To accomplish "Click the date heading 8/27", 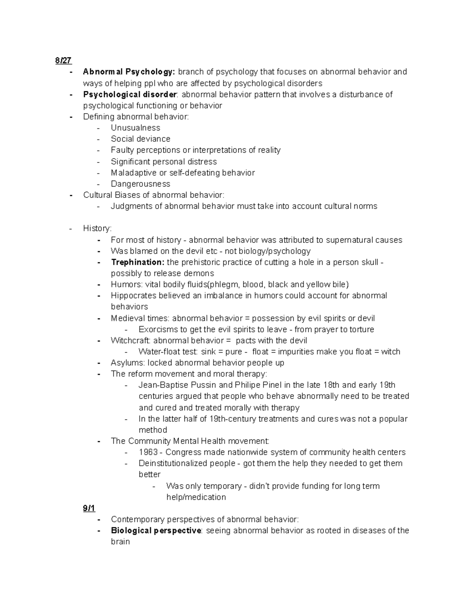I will [x=63, y=60].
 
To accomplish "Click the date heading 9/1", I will [x=89, y=508].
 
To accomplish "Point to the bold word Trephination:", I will [x=137, y=262].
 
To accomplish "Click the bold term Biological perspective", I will [x=156, y=530].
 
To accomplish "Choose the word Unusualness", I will [x=135, y=128].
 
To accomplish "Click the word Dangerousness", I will [x=140, y=184].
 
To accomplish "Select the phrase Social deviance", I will [x=140, y=139].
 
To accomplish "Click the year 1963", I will [x=148, y=452].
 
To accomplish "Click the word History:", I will [x=97, y=229].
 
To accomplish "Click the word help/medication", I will [x=196, y=497].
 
